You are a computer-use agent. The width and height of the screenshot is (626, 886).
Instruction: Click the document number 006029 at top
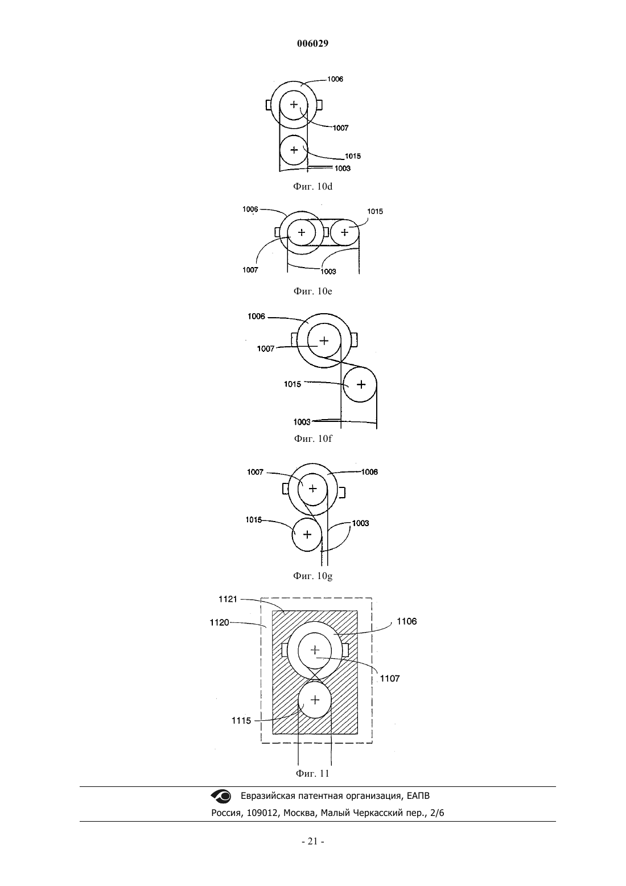pyautogui.click(x=312, y=43)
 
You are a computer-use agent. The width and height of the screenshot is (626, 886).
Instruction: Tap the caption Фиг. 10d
pyautogui.click(x=312, y=186)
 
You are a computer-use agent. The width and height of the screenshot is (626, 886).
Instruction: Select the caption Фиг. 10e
pyautogui.click(x=312, y=291)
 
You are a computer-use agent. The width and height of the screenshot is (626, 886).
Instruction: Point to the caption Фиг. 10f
pyautogui.click(x=313, y=438)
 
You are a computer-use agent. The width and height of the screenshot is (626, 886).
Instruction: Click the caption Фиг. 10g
pyautogui.click(x=312, y=576)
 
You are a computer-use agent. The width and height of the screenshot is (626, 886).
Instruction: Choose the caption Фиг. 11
pyautogui.click(x=312, y=773)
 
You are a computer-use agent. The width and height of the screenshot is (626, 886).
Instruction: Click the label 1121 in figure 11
pyautogui.click(x=228, y=599)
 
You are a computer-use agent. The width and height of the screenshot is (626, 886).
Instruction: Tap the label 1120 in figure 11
pyautogui.click(x=219, y=622)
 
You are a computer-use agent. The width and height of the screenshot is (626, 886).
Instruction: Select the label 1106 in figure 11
pyautogui.click(x=407, y=621)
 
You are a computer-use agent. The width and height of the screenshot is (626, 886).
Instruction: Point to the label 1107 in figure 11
pyautogui.click(x=390, y=678)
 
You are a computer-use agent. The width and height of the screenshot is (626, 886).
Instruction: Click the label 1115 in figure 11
pyautogui.click(x=241, y=721)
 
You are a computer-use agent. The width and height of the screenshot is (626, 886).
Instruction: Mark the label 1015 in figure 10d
pyautogui.click(x=352, y=156)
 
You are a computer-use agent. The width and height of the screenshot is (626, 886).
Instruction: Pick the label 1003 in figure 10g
pyautogui.click(x=360, y=523)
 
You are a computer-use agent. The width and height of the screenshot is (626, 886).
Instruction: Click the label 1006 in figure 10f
pyautogui.click(x=256, y=317)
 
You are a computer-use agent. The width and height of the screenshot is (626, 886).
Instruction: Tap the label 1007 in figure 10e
pyautogui.click(x=250, y=270)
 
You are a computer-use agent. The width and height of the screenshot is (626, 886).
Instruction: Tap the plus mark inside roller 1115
pyautogui.click(x=315, y=700)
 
